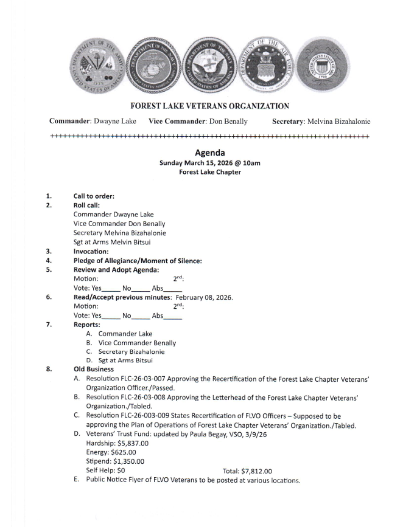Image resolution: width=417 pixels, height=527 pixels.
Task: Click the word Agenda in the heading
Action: coord(210,153)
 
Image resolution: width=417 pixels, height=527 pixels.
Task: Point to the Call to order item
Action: coord(94,196)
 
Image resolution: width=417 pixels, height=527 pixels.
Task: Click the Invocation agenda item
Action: coord(91,251)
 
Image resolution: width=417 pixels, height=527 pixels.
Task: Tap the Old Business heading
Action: coord(94,369)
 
